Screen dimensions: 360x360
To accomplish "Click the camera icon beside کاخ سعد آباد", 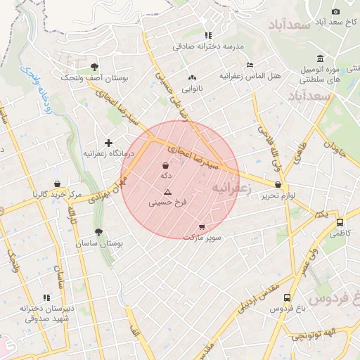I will [335, 11].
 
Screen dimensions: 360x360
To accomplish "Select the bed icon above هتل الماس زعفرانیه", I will [250, 65].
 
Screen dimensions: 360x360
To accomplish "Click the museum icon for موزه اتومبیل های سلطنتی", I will [321, 58].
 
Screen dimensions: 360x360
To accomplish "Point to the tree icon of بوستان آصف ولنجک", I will [94, 67].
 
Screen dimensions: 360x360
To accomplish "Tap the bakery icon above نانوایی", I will [192, 78].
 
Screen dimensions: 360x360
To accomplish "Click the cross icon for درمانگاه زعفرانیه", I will [108, 143].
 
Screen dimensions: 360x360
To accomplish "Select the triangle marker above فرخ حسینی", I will [167, 192].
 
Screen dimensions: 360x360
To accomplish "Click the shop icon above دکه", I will [165, 166].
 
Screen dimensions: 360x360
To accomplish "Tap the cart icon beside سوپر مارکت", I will [202, 227].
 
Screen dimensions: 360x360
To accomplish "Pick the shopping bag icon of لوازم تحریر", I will [279, 185].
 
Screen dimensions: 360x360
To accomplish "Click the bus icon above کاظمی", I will [340, 222].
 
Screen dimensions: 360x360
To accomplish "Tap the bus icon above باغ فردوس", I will [287, 297].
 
